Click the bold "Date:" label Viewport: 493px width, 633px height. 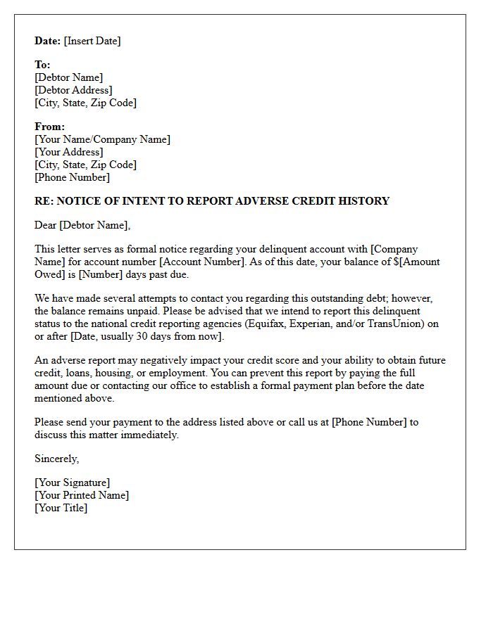[48, 41]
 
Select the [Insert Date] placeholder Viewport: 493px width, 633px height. [92, 41]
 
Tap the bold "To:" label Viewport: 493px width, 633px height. [42, 65]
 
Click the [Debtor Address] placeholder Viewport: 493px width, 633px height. [73, 90]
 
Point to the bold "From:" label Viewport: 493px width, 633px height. [49, 127]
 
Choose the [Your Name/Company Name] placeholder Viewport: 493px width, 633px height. [102, 139]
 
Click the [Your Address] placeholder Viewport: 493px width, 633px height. [68, 152]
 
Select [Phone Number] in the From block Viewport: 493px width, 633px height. [72, 177]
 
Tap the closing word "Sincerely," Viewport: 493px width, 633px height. [57, 459]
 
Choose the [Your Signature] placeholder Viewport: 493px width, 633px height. [72, 482]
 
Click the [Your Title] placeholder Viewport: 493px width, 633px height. [61, 508]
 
